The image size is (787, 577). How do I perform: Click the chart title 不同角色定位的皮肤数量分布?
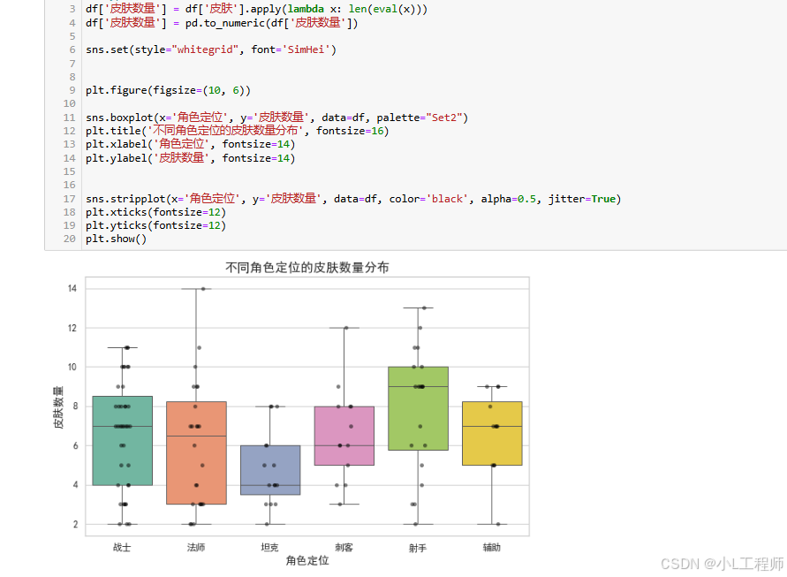pyautogui.click(x=307, y=267)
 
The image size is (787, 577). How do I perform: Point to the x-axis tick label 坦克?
pyautogui.click(x=270, y=548)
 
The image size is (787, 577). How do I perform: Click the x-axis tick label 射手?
pyautogui.click(x=418, y=548)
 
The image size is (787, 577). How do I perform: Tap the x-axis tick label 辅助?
pyautogui.click(x=492, y=548)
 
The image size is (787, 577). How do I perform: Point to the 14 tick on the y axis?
pyautogui.click(x=72, y=289)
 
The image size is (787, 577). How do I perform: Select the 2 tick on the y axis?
pyautogui.click(x=75, y=525)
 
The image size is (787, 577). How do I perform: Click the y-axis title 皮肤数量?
pyautogui.click(x=58, y=407)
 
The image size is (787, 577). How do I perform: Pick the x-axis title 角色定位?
pyautogui.click(x=307, y=560)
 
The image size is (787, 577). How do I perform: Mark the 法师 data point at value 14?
pyautogui.click(x=203, y=289)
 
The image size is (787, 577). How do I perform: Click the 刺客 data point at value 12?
pyautogui.click(x=345, y=328)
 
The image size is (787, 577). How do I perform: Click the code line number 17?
pyautogui.click(x=70, y=199)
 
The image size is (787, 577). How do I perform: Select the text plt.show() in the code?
pyautogui.click(x=116, y=239)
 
